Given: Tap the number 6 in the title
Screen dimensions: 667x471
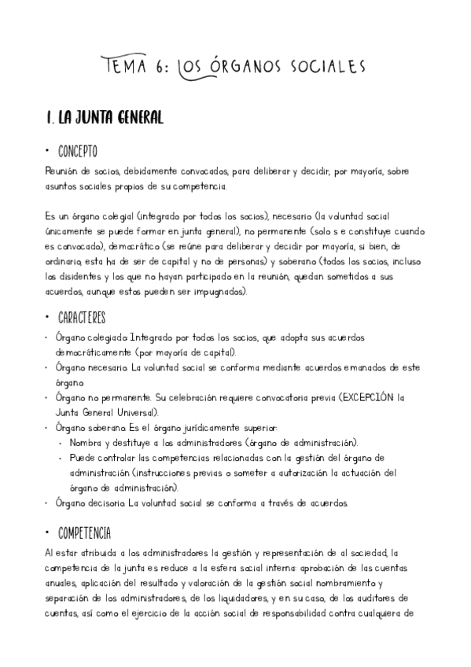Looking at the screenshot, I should pos(162,65).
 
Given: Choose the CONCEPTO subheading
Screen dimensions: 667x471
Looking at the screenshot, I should pos(78,151).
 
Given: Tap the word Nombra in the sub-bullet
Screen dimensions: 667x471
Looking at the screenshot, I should pos(88,443).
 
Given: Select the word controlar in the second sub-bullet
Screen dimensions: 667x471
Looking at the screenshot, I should pos(113,457).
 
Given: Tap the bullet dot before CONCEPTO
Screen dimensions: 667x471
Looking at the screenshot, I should pos(49,152).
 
